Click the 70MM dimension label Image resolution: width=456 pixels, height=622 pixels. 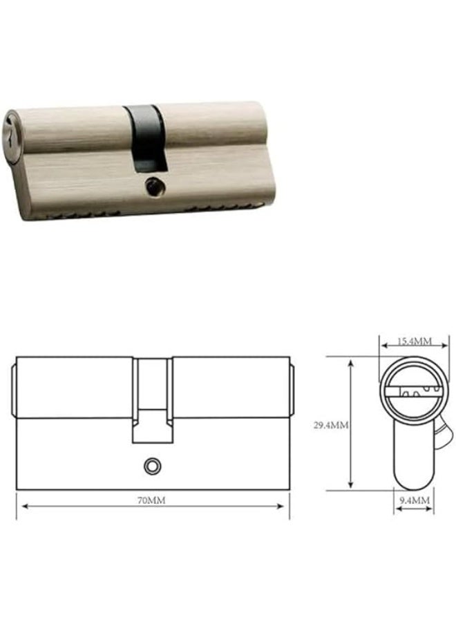pyautogui.click(x=151, y=500)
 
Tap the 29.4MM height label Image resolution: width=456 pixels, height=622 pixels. pyautogui.click(x=331, y=425)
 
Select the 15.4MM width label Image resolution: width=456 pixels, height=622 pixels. pyautogui.click(x=415, y=341)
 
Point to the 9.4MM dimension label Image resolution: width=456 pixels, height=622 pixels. pyautogui.click(x=415, y=500)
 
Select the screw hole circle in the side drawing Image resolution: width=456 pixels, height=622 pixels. pyautogui.click(x=152, y=466)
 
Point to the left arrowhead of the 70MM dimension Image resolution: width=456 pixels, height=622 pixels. pyautogui.click(x=25, y=506)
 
